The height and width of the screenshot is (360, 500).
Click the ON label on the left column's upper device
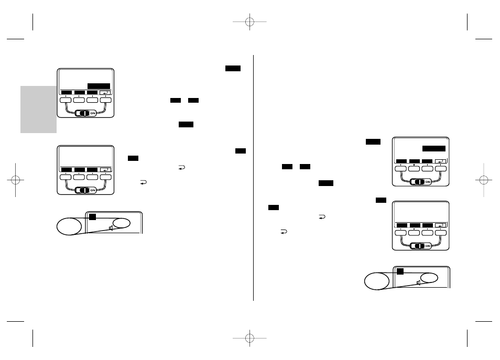click(x=92, y=113)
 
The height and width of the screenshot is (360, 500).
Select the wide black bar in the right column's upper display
click(x=433, y=148)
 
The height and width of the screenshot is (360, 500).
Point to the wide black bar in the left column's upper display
click(x=99, y=86)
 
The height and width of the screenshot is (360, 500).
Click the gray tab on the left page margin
click(x=38, y=109)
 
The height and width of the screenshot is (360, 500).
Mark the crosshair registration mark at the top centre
click(x=249, y=23)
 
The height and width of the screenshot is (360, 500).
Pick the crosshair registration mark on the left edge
click(x=15, y=180)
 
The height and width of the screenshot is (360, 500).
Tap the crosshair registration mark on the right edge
click(x=484, y=180)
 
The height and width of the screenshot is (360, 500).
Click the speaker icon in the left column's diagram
click(x=112, y=227)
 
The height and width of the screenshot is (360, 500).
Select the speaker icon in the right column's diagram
click(x=419, y=283)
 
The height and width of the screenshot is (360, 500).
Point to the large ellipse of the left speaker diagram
click(x=70, y=226)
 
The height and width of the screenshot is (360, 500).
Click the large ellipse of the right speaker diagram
click(x=377, y=281)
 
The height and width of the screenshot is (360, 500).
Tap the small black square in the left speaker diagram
click(x=91, y=216)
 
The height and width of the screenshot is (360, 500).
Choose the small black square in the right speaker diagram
click(x=399, y=271)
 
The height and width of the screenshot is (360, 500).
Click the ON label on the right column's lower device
click(x=428, y=246)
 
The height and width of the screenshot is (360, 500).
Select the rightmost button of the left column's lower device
click(x=106, y=177)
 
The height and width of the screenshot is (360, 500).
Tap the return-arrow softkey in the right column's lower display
click(x=440, y=225)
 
